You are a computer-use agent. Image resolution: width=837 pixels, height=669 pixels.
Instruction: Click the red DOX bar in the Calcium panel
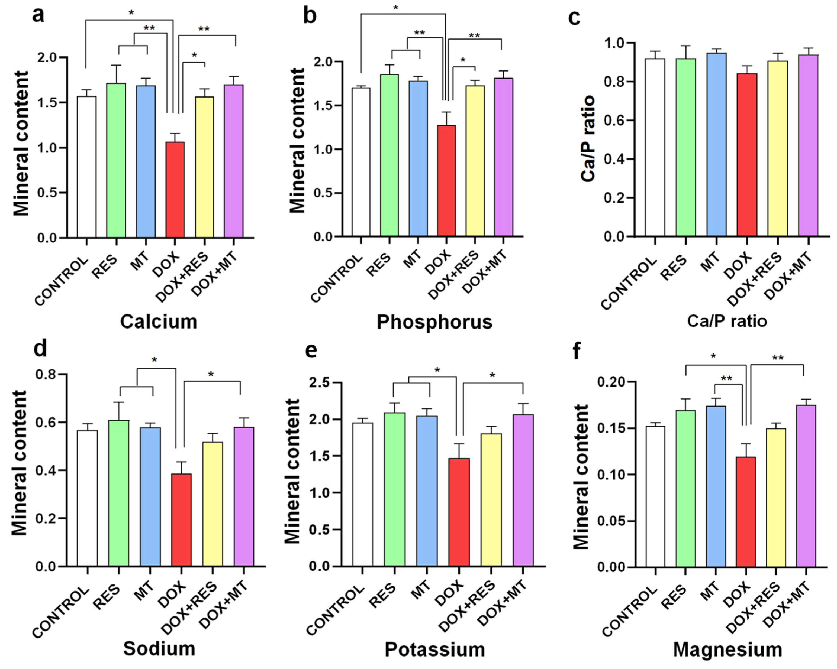point(175,190)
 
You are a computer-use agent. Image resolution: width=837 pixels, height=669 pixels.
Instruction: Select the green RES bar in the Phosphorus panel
point(389,155)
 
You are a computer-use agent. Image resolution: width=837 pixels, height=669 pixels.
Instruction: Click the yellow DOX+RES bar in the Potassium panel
point(491,500)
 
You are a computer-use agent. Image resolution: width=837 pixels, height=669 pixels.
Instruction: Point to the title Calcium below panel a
point(158,321)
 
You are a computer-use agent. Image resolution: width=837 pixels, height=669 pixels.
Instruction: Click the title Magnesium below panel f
point(727,649)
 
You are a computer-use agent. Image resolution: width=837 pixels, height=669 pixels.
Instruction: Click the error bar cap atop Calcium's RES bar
point(116,65)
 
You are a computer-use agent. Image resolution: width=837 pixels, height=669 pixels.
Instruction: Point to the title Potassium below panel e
point(434,649)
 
